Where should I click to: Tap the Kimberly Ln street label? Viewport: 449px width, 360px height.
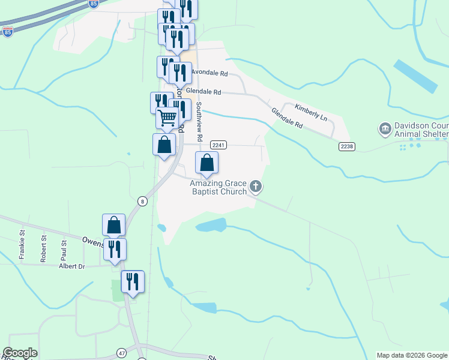(x=311, y=112)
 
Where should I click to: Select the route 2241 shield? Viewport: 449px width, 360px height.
(x=218, y=145)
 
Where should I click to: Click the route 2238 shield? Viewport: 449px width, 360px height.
(x=346, y=146)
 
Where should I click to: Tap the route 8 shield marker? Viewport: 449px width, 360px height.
(x=142, y=201)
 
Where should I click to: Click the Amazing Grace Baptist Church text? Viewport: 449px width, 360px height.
(x=218, y=187)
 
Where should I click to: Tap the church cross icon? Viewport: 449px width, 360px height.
(x=256, y=187)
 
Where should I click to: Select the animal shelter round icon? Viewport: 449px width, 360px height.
(x=384, y=128)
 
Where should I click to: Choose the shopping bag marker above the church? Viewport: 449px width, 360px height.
(x=206, y=162)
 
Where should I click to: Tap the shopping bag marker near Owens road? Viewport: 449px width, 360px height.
(x=114, y=226)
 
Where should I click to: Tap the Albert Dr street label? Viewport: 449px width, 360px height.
(x=73, y=265)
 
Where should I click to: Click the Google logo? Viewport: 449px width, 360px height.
(x=20, y=353)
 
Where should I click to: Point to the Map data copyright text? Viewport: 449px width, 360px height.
(x=412, y=355)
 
